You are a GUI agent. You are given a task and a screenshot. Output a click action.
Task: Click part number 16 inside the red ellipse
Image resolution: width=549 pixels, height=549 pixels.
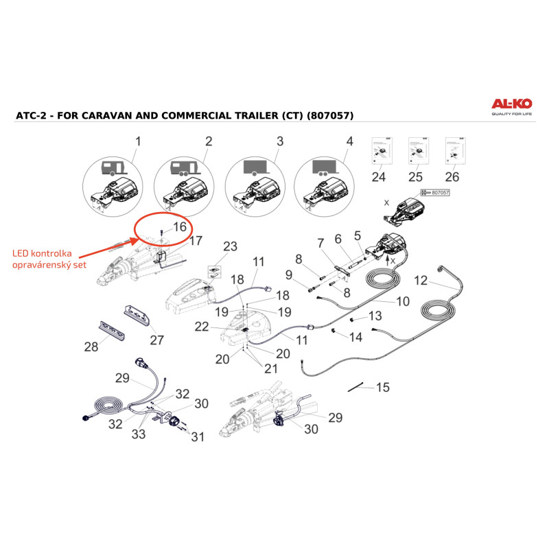[x=179, y=226]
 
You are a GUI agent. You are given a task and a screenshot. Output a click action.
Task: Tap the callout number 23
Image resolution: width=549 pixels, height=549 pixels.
[x=229, y=246]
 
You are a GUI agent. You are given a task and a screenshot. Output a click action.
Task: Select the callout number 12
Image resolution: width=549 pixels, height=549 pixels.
[x=421, y=281]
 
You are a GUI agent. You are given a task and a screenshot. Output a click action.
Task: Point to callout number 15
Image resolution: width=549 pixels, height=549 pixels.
[x=382, y=388]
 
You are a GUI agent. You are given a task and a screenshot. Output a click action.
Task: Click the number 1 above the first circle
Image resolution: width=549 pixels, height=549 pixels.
[x=138, y=142]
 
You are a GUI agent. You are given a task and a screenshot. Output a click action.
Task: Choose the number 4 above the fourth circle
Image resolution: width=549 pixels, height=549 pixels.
[x=349, y=142]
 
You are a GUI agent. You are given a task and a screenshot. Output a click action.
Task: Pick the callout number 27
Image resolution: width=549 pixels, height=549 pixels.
[x=157, y=340]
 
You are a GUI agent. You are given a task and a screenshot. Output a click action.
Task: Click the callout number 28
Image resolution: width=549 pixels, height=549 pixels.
[x=91, y=347]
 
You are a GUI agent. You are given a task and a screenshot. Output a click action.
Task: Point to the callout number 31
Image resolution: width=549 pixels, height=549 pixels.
[x=198, y=436]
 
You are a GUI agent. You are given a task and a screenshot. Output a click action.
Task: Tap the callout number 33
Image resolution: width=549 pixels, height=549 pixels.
[x=138, y=434]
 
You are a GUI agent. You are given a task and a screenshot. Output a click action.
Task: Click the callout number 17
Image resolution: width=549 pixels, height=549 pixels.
[x=196, y=241]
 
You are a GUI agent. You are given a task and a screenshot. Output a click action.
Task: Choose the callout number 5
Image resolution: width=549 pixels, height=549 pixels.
[x=357, y=235]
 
